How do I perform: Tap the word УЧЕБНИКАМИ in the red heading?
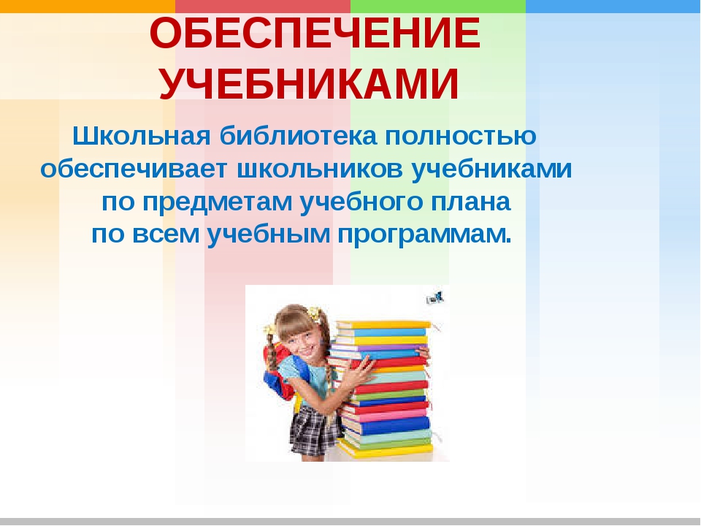310,85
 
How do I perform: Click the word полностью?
459,137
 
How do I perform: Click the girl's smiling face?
301,338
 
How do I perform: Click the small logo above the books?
435,297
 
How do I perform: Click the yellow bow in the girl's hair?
315,313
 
